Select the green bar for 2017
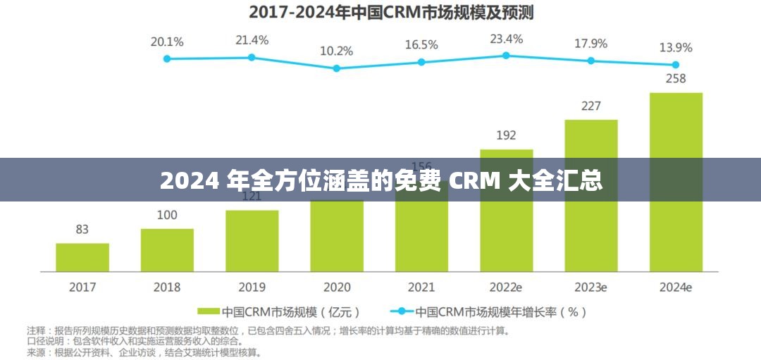pyautogui.click(x=82, y=257)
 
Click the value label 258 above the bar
pyautogui.click(x=676, y=78)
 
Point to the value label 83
pyautogui.click(x=82, y=229)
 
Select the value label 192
pyautogui.click(x=506, y=135)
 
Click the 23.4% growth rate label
pyautogui.click(x=506, y=39)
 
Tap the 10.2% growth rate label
pyautogui.click(x=336, y=51)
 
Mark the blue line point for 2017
pyautogui.click(x=167, y=58)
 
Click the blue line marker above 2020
pyautogui.click(x=336, y=68)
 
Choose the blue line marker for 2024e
pyautogui.click(x=676, y=64)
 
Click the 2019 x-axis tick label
pyautogui.click(x=252, y=287)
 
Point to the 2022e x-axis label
pyautogui.click(x=506, y=287)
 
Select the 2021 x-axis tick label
pyautogui.click(x=421, y=287)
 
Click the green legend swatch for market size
pyautogui.click(x=209, y=311)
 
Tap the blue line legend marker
pyautogui.click(x=402, y=311)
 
